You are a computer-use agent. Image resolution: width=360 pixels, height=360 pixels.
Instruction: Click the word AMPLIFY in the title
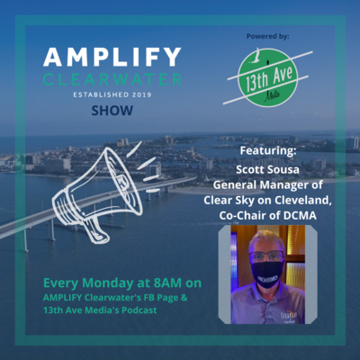112,57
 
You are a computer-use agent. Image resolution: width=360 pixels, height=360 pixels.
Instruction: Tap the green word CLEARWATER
112,79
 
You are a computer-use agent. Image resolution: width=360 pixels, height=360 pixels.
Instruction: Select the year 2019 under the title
141,94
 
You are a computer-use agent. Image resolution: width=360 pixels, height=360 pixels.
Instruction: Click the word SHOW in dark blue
112,111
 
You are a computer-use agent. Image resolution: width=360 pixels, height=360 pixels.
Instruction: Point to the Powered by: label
268,37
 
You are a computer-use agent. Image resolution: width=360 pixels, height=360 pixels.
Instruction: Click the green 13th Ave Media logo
268,77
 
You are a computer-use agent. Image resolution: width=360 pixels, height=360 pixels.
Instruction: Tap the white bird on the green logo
255,56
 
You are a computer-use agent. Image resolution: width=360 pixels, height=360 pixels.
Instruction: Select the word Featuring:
268,150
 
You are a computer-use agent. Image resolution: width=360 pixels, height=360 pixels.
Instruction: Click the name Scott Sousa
267,169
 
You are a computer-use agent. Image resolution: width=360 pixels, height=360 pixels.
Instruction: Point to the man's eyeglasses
266,256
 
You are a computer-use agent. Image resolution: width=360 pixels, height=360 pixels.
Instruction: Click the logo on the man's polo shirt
288,316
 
